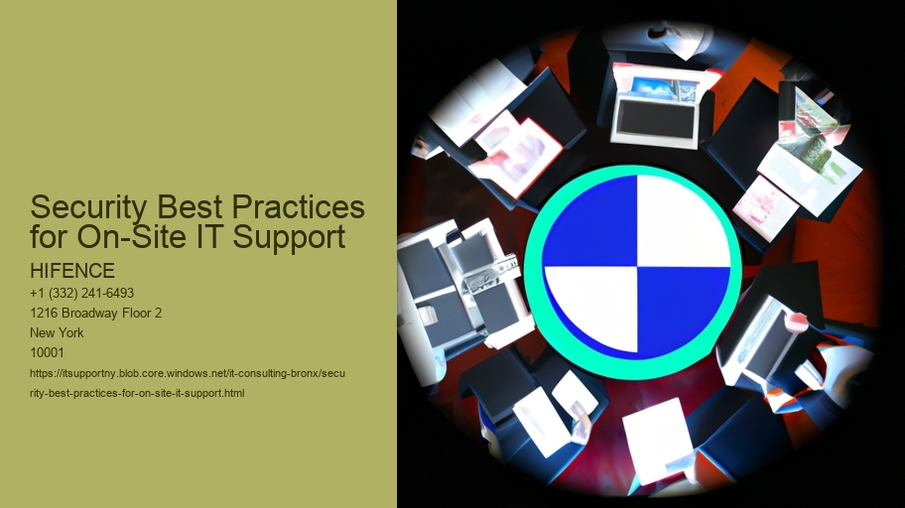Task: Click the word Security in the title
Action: pos(87,207)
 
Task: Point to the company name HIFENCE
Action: pos(72,271)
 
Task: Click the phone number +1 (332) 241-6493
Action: pos(82,294)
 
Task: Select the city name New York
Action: pos(57,332)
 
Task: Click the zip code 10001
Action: pos(47,352)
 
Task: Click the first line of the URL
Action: pos(188,373)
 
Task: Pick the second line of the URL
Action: pos(137,393)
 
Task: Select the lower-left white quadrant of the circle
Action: pos(595,306)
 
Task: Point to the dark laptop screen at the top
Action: pos(656,119)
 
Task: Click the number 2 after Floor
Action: pos(158,313)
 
